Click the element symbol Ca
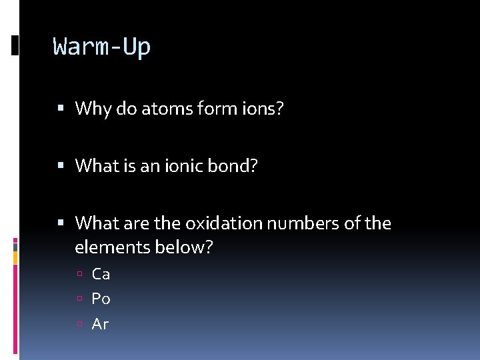tap(101, 274)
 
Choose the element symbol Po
tap(101, 299)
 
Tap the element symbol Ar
tap(100, 325)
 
